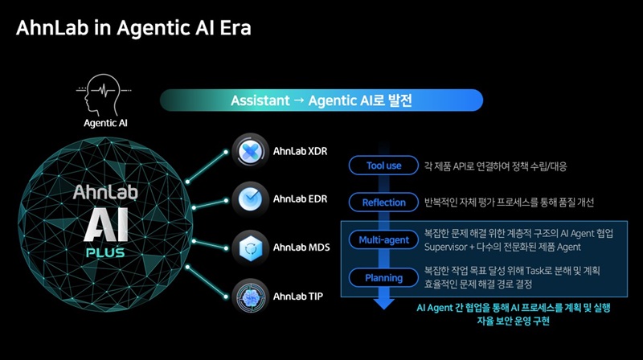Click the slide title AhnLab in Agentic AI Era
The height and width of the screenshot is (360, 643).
pyautogui.click(x=133, y=28)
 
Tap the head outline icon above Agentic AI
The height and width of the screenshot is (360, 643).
pyautogui.click(x=104, y=94)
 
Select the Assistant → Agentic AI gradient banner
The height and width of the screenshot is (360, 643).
pyautogui.click(x=321, y=100)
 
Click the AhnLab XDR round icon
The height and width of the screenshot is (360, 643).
pyautogui.click(x=250, y=151)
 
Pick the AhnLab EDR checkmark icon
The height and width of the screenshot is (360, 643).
pyautogui.click(x=250, y=199)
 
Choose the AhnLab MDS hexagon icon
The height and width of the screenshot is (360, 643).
pyautogui.click(x=250, y=248)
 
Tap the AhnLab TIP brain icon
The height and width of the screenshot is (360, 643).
pyautogui.click(x=250, y=297)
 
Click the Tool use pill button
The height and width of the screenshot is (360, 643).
pyautogui.click(x=383, y=166)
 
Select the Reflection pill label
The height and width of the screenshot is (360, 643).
pyautogui.click(x=383, y=202)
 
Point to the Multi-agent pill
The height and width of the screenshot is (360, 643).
pyautogui.click(x=383, y=239)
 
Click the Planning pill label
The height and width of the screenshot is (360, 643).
pyautogui.click(x=383, y=277)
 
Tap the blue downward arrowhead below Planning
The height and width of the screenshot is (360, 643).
pyautogui.click(x=384, y=304)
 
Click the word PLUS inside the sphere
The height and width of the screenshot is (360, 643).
pyautogui.click(x=105, y=252)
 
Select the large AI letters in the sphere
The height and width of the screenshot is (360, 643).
pyautogui.click(x=106, y=225)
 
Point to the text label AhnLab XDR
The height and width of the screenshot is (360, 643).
pyautogui.click(x=300, y=151)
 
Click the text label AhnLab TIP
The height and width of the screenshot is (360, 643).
pyautogui.click(x=298, y=296)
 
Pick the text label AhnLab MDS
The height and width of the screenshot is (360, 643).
pyautogui.click(x=301, y=247)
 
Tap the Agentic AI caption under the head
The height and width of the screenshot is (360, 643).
pyautogui.click(x=105, y=123)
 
